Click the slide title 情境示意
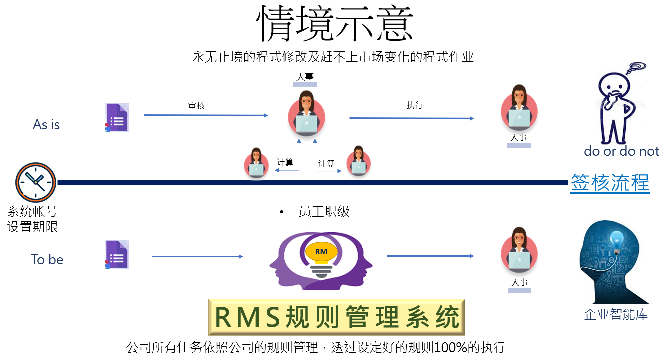334,24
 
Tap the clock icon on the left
35,182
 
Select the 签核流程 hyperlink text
610,183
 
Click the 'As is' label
46,125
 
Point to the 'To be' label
47,259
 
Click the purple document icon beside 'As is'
117,118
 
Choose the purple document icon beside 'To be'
117,255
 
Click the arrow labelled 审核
205,115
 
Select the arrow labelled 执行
411,118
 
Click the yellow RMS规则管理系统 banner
336,317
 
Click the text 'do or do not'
621,151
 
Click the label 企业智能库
616,315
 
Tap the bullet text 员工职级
324,211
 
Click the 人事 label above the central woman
305,77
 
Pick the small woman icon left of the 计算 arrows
256,163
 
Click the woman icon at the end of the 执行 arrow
519,108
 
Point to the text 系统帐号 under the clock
32,211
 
